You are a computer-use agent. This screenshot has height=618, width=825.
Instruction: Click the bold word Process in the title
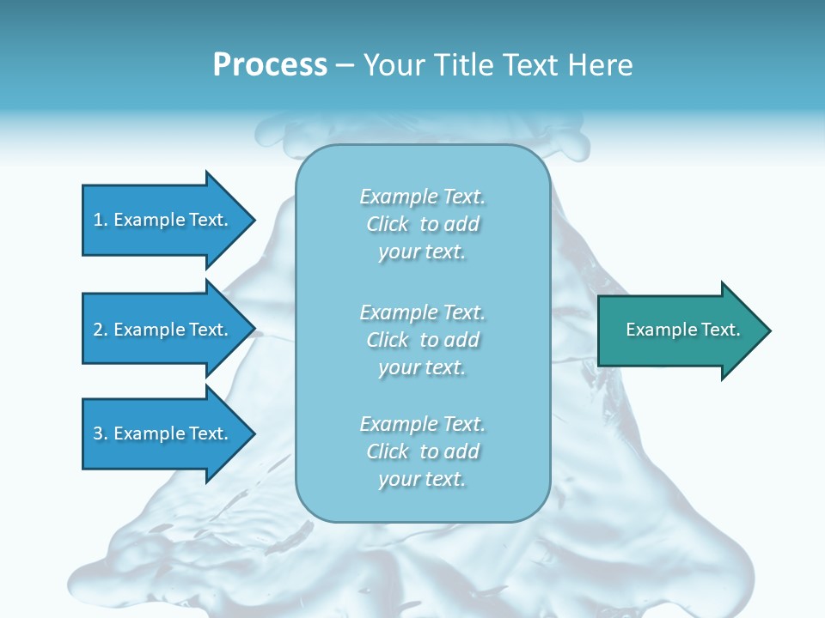(x=270, y=65)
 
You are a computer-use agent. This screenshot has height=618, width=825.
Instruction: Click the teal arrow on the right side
(x=679, y=330)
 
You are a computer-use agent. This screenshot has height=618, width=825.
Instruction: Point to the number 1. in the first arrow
(x=101, y=220)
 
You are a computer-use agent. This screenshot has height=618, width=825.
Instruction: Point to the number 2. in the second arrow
(x=101, y=330)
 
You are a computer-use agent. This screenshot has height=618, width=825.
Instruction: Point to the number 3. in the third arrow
(x=101, y=433)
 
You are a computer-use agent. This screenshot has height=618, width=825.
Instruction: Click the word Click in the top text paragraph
(x=388, y=224)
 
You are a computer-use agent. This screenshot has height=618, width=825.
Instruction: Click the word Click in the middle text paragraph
(x=388, y=340)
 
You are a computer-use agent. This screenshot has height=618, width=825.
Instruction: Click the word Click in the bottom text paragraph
(x=388, y=451)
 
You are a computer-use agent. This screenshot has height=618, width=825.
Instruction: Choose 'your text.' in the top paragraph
(x=422, y=252)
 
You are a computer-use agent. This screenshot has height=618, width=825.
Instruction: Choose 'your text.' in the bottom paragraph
(x=422, y=480)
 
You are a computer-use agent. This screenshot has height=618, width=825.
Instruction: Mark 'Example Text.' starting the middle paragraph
(x=422, y=312)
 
